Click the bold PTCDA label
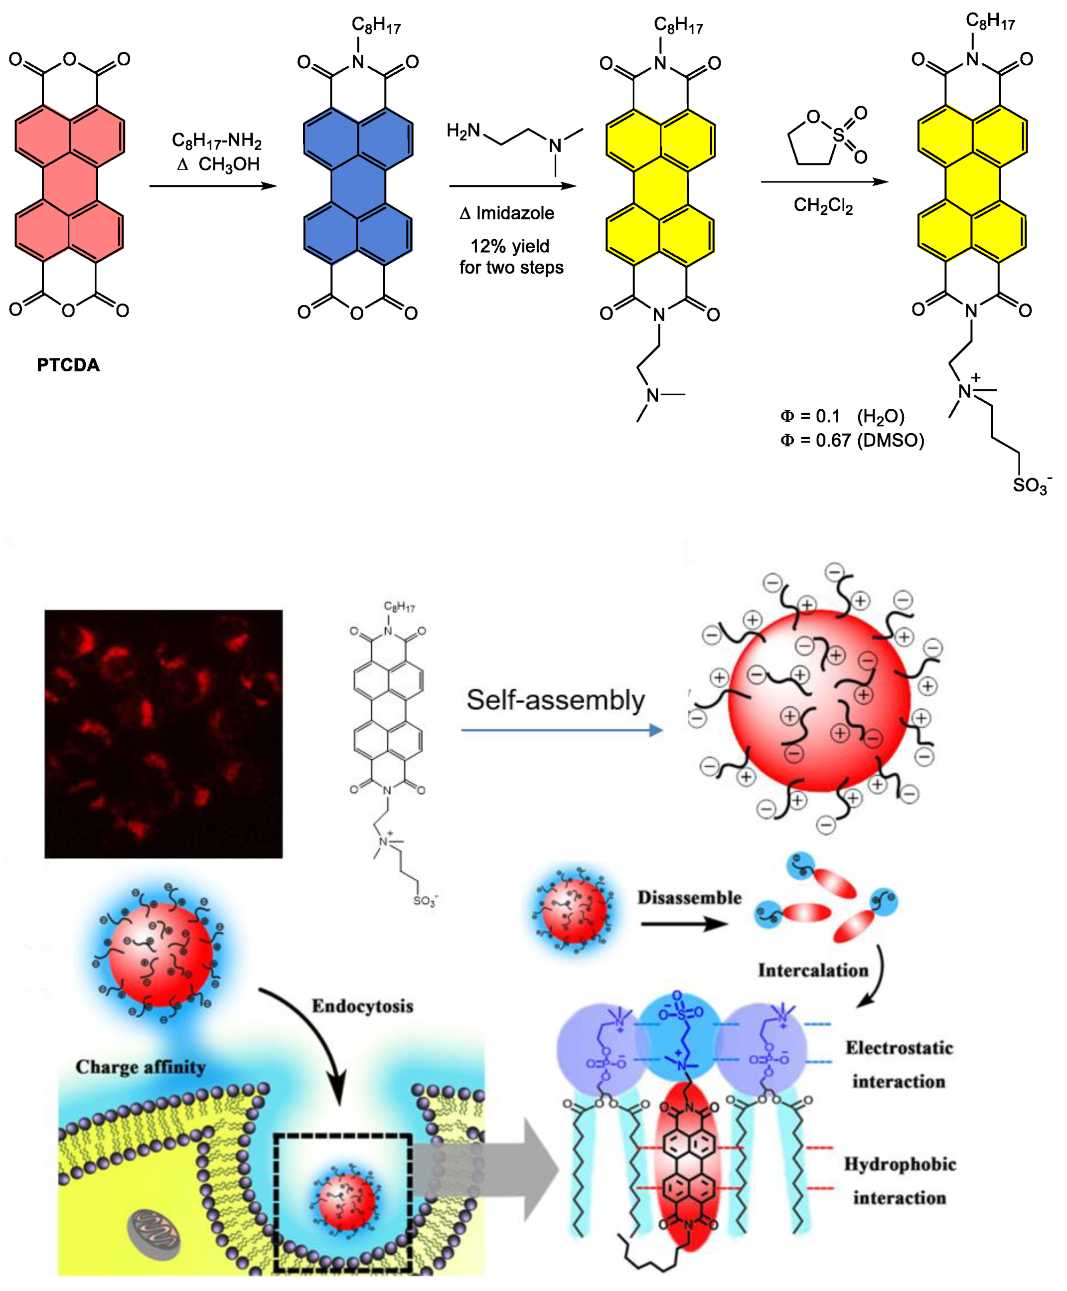[68, 365]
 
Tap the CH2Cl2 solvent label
[823, 205]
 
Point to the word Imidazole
[515, 213]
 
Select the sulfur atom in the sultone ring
[838, 135]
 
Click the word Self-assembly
[556, 700]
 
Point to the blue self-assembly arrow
[562, 730]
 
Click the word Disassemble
[689, 898]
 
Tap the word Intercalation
[812, 970]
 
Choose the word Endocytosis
[362, 1006]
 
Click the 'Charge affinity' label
[141, 1067]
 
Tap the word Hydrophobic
[899, 1164]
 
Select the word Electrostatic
[899, 1048]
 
